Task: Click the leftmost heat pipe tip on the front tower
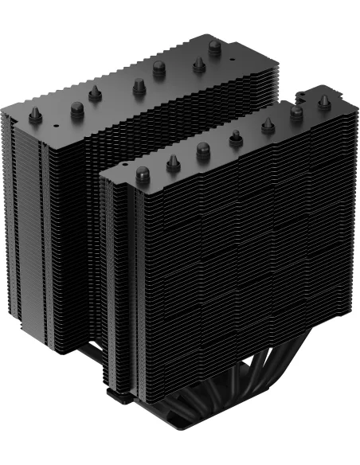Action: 144,174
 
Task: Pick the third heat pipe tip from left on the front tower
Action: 203,150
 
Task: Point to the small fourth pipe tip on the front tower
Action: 235,139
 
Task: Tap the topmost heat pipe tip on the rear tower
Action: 214,47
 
